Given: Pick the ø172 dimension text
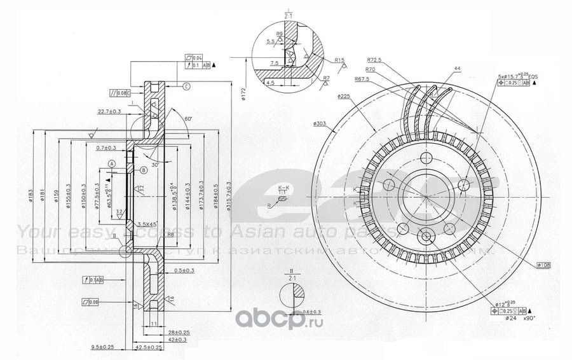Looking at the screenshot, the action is (x=243, y=94).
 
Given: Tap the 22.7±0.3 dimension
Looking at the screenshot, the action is (x=111, y=112).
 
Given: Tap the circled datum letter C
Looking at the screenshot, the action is (x=187, y=87).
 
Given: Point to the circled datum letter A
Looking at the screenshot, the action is (x=112, y=164).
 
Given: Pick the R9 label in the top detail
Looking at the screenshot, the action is (x=279, y=34).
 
